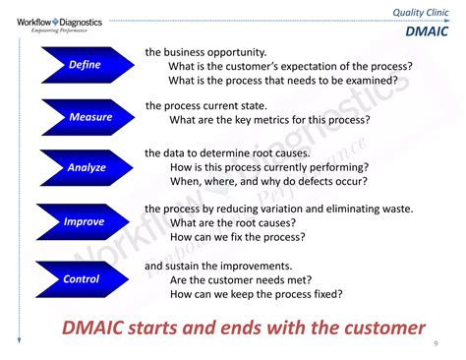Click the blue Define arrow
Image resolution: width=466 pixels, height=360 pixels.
84,65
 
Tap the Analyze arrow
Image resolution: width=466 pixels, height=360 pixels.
84,168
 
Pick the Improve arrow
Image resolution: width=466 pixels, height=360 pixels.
84,222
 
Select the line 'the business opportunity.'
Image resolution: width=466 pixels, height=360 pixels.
205,51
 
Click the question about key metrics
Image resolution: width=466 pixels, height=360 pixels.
269,120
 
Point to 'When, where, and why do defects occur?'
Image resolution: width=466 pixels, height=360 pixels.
268,181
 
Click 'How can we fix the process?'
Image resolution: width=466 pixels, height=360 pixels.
237,238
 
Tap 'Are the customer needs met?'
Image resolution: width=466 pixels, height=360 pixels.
240,280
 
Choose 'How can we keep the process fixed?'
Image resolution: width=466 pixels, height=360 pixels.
256,295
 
